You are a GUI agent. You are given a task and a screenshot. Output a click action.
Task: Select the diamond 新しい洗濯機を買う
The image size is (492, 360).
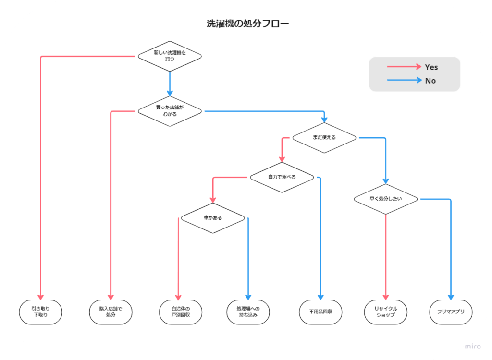point(170,56)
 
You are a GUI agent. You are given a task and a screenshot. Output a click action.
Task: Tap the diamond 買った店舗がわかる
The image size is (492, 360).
point(170,111)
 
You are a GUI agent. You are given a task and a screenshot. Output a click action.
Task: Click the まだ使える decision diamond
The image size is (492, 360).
point(324,137)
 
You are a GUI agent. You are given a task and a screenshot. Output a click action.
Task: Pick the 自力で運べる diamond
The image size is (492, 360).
point(282,177)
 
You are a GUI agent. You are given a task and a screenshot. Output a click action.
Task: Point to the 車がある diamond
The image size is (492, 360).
point(213,218)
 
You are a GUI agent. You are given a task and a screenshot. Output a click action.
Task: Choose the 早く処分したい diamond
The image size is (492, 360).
point(386,199)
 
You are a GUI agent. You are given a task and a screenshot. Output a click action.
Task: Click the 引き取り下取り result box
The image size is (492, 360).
point(41,312)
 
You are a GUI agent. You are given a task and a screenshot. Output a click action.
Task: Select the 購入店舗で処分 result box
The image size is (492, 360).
point(111,312)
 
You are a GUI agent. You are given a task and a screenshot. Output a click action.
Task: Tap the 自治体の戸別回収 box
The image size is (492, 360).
point(181,312)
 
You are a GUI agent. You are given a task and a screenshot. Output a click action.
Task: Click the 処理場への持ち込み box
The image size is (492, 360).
point(248,312)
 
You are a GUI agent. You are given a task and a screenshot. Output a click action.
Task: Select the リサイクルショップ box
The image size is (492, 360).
point(385,312)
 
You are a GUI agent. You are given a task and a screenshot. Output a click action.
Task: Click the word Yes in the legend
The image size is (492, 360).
point(431,67)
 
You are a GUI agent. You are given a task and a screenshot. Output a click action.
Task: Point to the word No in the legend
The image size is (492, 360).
point(430,81)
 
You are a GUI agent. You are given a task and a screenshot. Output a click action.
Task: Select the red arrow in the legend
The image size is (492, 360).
point(404,67)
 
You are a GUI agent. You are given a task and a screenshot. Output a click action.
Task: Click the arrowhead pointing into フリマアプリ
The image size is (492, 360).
point(451,297)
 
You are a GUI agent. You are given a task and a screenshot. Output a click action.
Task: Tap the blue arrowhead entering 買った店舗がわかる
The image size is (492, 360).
point(170,92)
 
